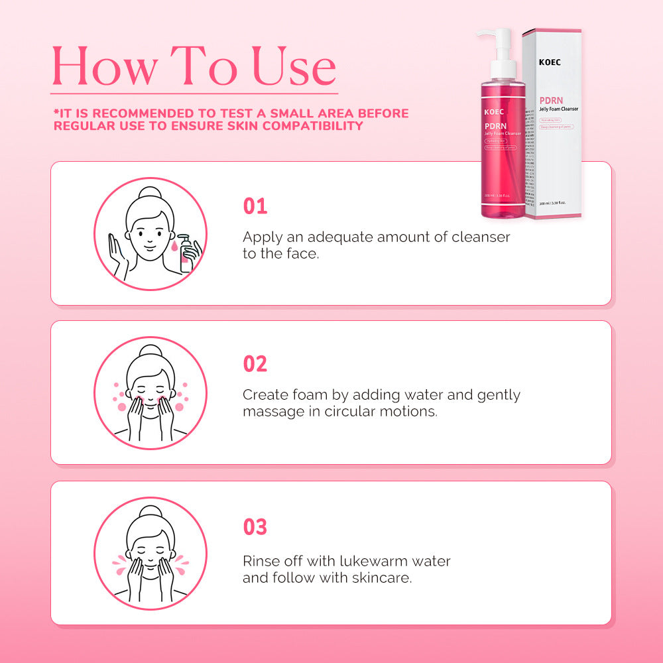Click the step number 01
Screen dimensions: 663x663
click(x=255, y=206)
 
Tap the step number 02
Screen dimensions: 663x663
click(x=255, y=364)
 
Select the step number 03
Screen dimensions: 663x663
click(x=255, y=527)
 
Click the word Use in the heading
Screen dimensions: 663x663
click(x=293, y=68)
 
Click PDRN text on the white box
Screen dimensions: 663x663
click(x=552, y=101)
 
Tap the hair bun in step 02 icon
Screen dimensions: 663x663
click(x=151, y=352)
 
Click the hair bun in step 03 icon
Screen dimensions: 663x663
click(x=151, y=512)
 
